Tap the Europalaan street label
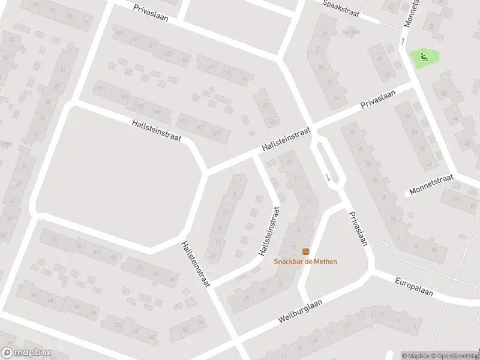(x=413, y=286)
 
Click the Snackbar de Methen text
(x=305, y=261)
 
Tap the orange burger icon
(x=305, y=251)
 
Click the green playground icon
(x=424, y=58)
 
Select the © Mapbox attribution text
(x=416, y=356)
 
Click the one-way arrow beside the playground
(x=403, y=41)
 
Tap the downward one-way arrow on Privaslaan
(x=328, y=177)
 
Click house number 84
(x=321, y=67)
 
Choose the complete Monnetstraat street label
(x=430, y=186)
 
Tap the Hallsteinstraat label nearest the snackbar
(x=269, y=232)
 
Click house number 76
(x=329, y=83)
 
